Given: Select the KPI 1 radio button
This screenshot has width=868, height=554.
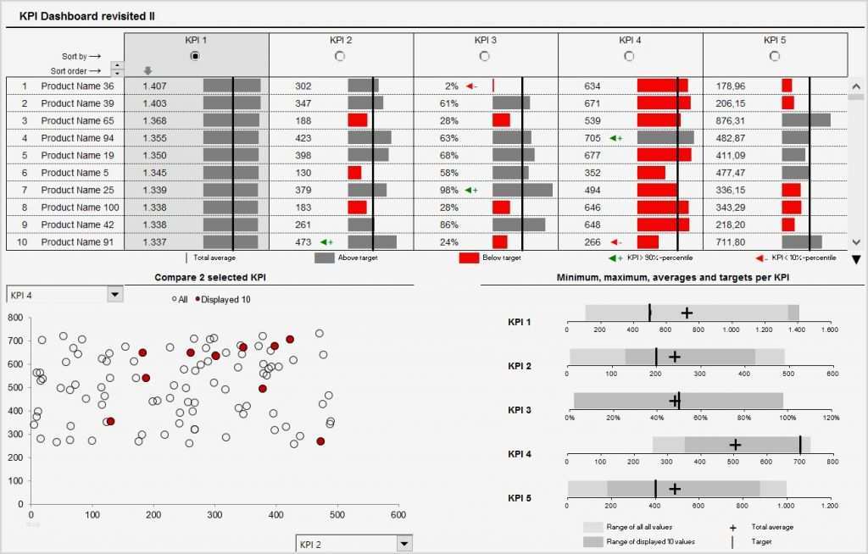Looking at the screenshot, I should coord(196,56).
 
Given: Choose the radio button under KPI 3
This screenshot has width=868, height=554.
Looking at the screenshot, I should coord(485,56).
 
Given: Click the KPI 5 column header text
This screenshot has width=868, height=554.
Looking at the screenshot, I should coord(774,40).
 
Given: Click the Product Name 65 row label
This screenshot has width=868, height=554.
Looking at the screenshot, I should coord(77,120).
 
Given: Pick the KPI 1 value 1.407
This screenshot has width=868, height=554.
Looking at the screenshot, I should coord(154,86).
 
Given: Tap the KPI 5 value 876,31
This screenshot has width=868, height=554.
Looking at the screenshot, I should coord(731,120).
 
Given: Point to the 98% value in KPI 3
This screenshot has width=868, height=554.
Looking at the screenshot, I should coord(448,190).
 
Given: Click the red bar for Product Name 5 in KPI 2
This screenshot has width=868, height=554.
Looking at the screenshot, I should coord(354,173).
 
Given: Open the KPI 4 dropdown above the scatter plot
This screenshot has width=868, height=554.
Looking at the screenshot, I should coord(115,294).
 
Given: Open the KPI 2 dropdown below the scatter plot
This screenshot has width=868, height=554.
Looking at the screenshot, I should coord(404,543).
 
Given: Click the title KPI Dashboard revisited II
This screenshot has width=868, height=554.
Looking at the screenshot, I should coord(86,16).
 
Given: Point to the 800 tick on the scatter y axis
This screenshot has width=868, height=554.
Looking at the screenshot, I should coord(14,318).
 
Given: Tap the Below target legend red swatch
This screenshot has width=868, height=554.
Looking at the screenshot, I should coord(470,258).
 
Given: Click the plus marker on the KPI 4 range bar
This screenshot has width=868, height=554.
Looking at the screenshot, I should coord(735,445).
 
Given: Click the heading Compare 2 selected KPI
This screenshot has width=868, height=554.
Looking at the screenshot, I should coord(212,277).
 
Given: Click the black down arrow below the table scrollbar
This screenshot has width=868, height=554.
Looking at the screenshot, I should coord(855,259).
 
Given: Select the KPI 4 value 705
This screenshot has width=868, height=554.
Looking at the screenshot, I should coord(593,138).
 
